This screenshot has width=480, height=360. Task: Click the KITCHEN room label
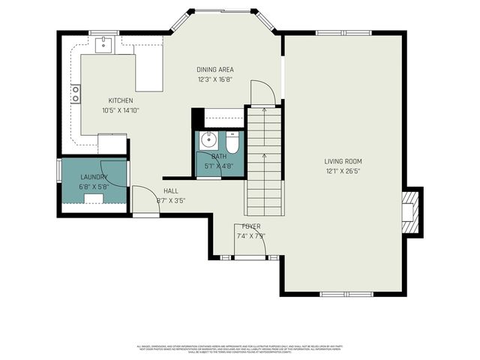121,100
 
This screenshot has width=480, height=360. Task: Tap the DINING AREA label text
214,70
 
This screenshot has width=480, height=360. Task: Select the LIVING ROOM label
343,161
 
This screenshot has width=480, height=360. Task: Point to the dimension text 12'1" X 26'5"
343,170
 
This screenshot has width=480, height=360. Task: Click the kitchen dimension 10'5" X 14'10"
121,110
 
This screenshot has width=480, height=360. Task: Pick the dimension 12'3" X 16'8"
214,79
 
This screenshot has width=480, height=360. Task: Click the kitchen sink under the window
103,44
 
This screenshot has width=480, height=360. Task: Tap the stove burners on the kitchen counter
76,93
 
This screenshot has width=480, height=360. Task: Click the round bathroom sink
209,139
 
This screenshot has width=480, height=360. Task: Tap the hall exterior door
145,214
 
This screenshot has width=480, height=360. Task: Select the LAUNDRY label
94,177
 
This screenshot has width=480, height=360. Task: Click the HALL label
171,190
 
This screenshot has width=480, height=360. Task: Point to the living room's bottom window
343,292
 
